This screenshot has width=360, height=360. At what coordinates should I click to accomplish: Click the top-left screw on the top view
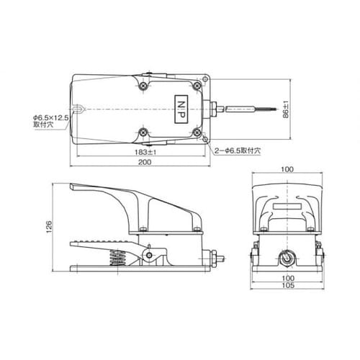pyautogui.click(x=143, y=86)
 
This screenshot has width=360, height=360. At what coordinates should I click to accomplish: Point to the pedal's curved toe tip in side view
pyautogui.click(x=71, y=189)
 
